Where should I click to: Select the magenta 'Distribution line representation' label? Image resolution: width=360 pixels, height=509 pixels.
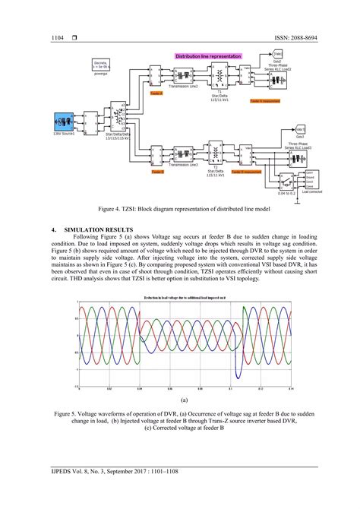[x=207, y=56]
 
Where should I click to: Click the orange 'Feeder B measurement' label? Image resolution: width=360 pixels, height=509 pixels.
[x=246, y=172]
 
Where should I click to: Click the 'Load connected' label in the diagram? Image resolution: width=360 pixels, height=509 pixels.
[x=311, y=192]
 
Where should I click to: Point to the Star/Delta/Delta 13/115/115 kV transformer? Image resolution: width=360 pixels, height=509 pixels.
[x=117, y=119]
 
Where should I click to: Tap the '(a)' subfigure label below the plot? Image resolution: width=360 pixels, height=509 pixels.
[x=183, y=397]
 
